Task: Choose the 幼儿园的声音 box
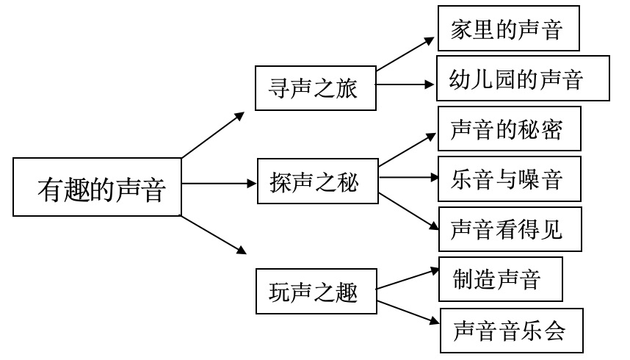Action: pyautogui.click(x=523, y=78)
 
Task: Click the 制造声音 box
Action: pyautogui.click(x=500, y=279)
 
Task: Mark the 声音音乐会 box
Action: pyautogui.click(x=512, y=331)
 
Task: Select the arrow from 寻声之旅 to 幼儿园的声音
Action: pyautogui.click(x=406, y=84)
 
